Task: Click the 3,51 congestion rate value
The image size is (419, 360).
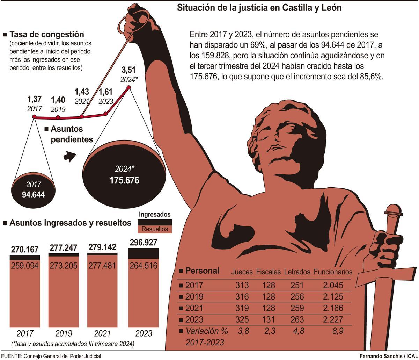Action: (x=129, y=70)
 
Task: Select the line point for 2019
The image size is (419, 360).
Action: (x=58, y=117)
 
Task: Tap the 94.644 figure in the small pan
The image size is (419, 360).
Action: (x=33, y=195)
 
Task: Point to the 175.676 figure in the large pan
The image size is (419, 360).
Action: (x=124, y=180)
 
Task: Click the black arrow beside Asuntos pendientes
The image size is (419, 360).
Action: (x=69, y=156)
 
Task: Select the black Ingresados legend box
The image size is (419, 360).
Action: (x=155, y=222)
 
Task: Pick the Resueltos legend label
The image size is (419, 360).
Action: (x=155, y=229)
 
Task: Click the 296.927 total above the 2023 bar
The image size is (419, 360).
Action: (x=143, y=243)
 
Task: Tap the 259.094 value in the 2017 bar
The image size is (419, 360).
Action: (x=24, y=266)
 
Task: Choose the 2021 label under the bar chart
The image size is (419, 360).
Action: (x=102, y=333)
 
